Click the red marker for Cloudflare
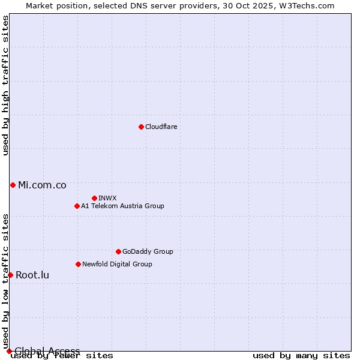point(141,127)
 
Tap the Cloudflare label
point(161,127)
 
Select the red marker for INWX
point(94,198)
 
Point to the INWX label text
point(107,198)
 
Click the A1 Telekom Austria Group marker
point(77,206)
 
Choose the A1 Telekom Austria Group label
point(122,206)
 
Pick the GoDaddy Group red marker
point(118,251)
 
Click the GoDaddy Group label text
point(147,251)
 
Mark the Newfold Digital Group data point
point(78,264)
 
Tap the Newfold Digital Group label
point(117,264)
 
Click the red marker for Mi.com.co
point(13,185)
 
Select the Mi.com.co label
point(42,185)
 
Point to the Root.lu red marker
point(10,275)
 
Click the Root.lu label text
point(32,275)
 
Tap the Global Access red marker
point(9,351)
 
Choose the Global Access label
point(47,351)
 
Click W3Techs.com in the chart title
point(306,5)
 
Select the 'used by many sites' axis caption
point(301,355)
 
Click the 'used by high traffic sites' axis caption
point(5,85)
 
